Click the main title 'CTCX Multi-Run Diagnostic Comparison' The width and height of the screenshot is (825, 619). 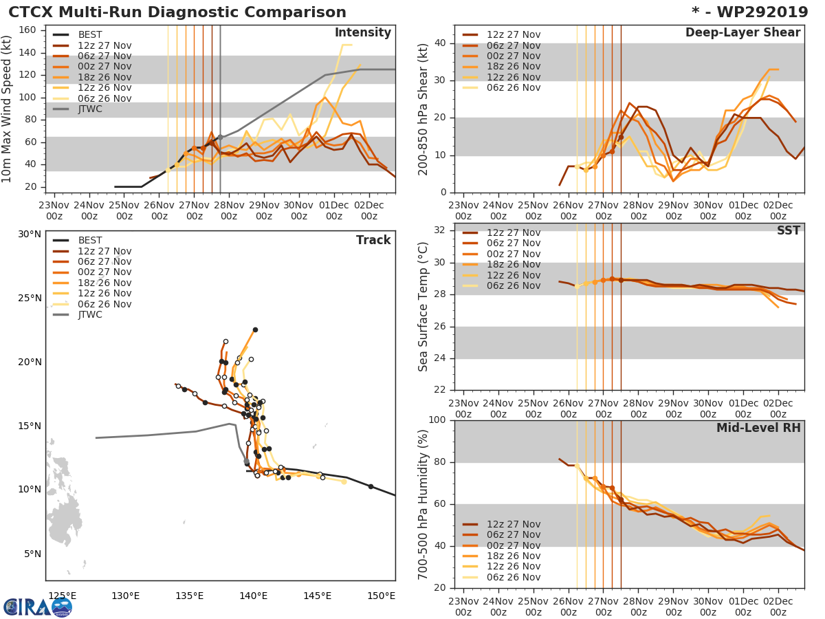[x=177, y=12]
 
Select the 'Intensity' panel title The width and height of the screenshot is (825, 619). [x=362, y=33]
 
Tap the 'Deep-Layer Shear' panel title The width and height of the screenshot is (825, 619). [x=742, y=33]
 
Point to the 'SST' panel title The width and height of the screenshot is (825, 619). [x=789, y=230]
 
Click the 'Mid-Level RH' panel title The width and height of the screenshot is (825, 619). [x=758, y=428]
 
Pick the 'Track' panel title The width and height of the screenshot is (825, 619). [x=373, y=240]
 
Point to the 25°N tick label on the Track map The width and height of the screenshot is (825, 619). [x=30, y=298]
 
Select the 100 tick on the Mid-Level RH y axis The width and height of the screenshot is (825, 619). [x=437, y=420]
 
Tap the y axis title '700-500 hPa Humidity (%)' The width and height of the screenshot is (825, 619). [x=424, y=504]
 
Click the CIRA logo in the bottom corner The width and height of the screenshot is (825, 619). [x=38, y=607]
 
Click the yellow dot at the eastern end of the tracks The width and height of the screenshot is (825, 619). [x=344, y=481]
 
